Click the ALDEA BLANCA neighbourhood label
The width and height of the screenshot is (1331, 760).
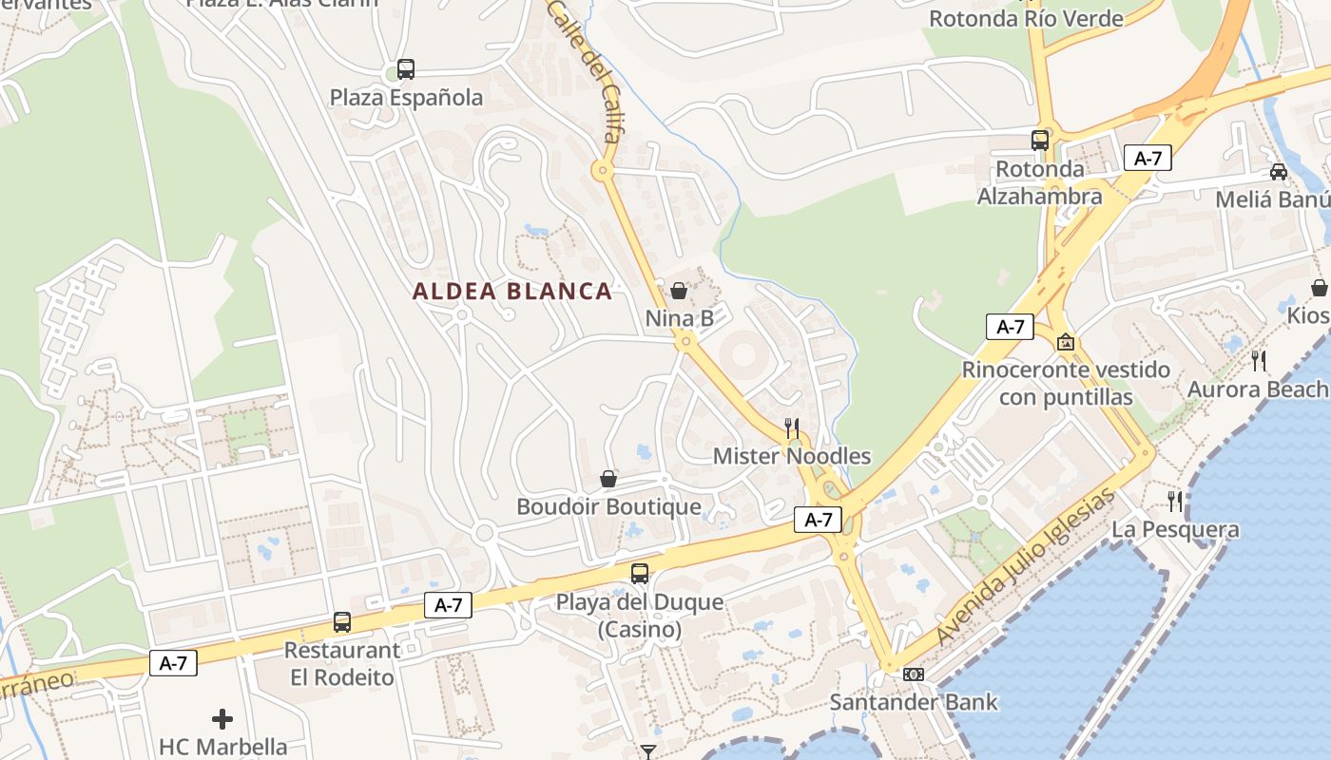pyautogui.click(x=512, y=292)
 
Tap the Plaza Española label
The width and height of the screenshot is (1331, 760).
pyautogui.click(x=406, y=97)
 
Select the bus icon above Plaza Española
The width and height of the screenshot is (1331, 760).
pyautogui.click(x=406, y=69)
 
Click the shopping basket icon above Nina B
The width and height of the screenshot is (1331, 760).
pyautogui.click(x=679, y=291)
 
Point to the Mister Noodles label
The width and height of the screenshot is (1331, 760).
pyautogui.click(x=792, y=456)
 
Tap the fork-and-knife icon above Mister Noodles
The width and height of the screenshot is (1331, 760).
pyautogui.click(x=792, y=428)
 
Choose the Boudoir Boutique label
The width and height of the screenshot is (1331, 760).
pyautogui.click(x=608, y=506)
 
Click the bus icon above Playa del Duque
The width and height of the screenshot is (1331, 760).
pyautogui.click(x=640, y=574)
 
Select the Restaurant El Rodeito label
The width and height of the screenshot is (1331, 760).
pyautogui.click(x=342, y=664)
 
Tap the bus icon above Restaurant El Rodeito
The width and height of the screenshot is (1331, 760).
pyautogui.click(x=342, y=622)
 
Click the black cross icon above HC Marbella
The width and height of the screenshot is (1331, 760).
pyautogui.click(x=222, y=719)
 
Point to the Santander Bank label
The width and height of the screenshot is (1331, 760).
pyautogui.click(x=914, y=702)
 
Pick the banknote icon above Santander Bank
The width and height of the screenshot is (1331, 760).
pyautogui.click(x=914, y=674)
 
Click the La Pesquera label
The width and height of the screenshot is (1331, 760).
pyautogui.click(x=1175, y=529)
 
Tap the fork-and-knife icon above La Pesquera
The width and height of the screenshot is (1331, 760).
pyautogui.click(x=1175, y=501)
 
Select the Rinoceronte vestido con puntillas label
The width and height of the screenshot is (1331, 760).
pyautogui.click(x=1066, y=383)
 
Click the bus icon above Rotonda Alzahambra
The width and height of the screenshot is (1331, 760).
pyautogui.click(x=1040, y=141)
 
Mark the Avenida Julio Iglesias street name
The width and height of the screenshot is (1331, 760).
pyautogui.click(x=1024, y=567)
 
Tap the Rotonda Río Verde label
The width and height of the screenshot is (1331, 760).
pyautogui.click(x=1026, y=18)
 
